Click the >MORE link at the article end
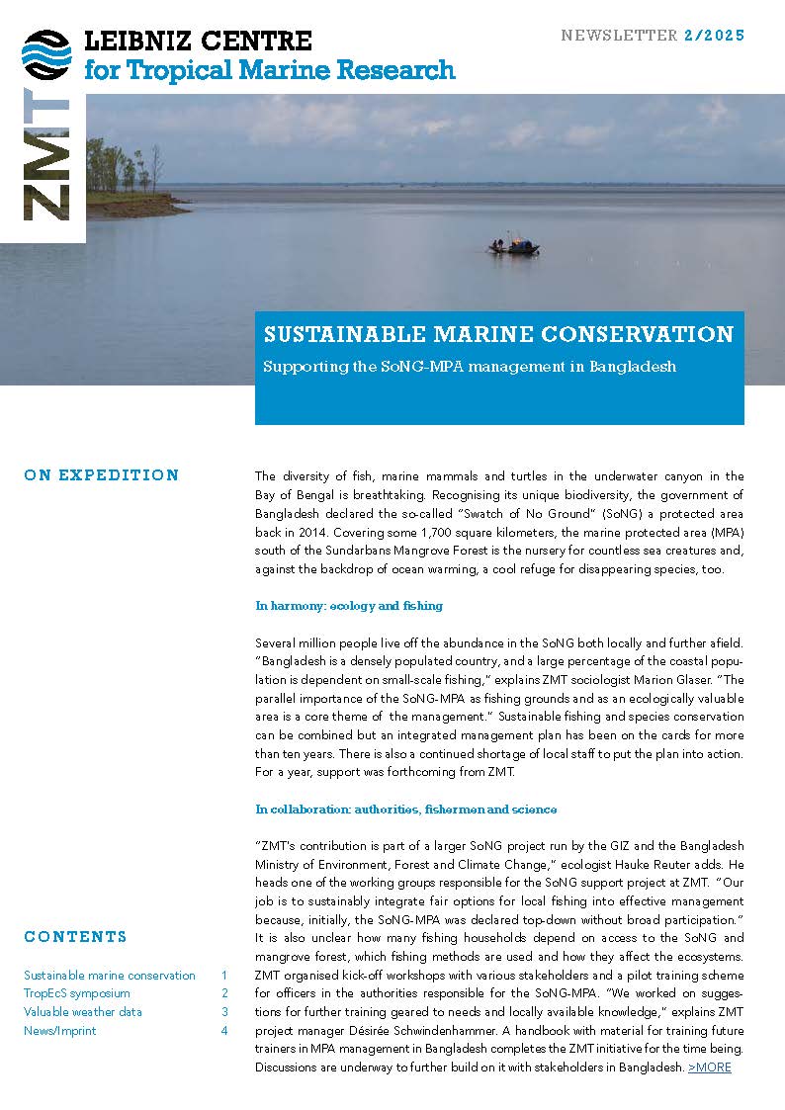710,1067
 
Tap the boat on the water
514,246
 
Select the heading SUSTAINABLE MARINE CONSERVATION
498,334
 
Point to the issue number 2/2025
713,36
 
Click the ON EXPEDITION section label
102,475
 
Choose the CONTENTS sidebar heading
75,937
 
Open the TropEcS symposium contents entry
77,993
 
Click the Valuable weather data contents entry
83,1012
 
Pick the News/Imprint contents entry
60,1031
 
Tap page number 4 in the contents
224,1031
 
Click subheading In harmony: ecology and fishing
349,605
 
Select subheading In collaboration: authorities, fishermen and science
405,809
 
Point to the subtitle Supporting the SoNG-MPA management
470,367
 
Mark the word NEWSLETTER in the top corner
619,36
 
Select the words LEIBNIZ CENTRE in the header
199,42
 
